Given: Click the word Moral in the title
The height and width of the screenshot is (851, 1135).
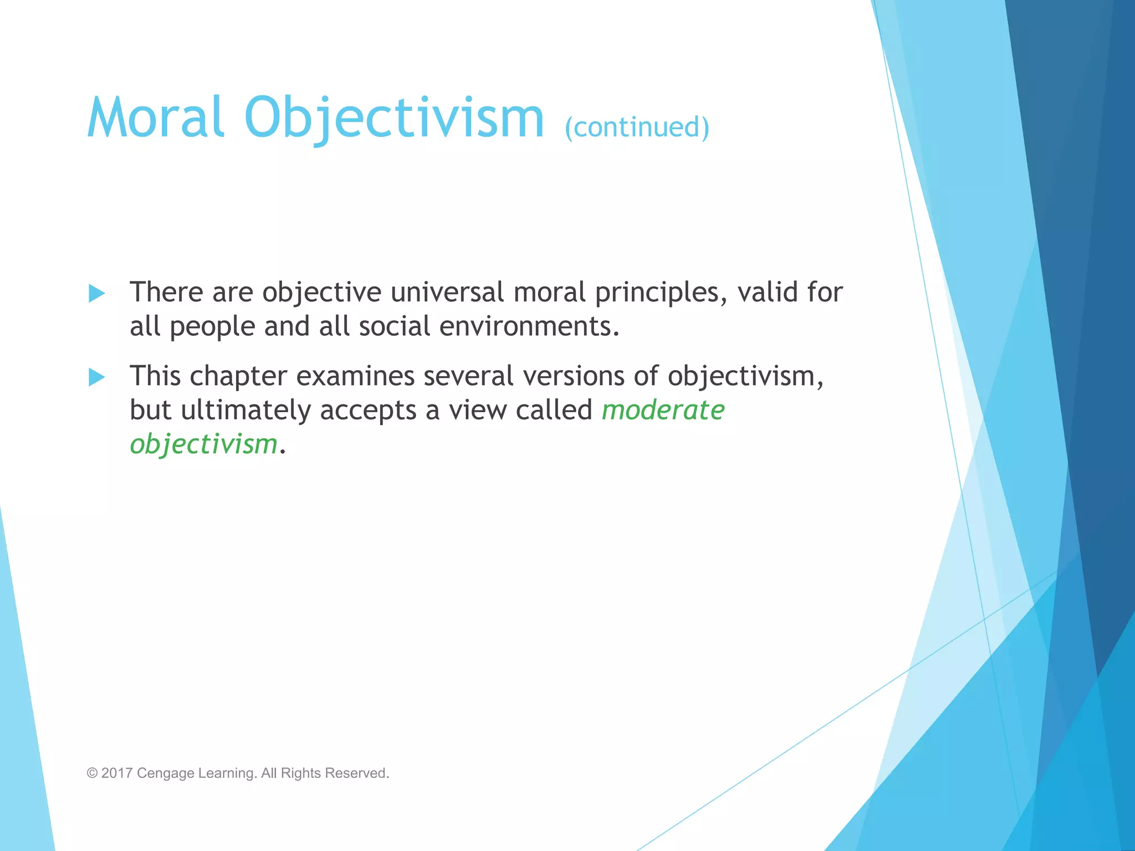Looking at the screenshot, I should tap(156, 117).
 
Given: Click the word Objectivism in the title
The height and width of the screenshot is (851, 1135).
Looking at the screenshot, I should tap(394, 117).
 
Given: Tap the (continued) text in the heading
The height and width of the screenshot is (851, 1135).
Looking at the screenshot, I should tap(637, 127).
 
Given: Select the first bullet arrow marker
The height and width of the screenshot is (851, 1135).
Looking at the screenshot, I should tap(97, 293).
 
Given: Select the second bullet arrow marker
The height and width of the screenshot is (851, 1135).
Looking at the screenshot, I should tap(97, 377).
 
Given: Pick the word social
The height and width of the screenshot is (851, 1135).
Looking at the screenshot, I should tap(394, 326).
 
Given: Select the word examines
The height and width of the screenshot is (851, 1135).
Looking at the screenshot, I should tap(355, 376).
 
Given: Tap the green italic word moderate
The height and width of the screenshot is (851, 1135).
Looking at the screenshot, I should tap(663, 411).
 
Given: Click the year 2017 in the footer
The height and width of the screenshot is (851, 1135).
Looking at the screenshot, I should tap(117, 773).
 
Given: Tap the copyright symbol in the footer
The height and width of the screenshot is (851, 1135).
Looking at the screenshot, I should tap(92, 773).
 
